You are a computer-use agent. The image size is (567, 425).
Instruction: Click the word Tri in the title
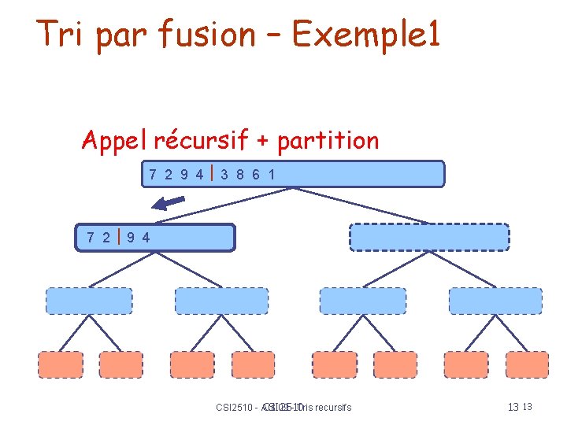[62, 34]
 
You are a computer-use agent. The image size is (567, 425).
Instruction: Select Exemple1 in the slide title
[366, 34]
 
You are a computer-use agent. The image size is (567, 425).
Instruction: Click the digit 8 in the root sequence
[241, 175]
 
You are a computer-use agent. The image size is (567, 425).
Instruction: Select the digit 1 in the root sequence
[272, 175]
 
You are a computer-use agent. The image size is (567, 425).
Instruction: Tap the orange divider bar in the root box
[213, 173]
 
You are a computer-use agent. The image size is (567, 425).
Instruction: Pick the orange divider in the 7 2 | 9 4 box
[117, 237]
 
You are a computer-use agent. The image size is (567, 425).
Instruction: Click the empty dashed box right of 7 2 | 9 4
[429, 237]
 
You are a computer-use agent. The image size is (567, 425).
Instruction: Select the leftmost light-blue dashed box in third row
[88, 301]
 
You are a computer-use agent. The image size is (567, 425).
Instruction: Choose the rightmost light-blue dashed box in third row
[495, 301]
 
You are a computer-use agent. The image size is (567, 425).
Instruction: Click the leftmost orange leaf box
[60, 364]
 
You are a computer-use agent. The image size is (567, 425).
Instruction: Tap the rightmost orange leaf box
[526, 364]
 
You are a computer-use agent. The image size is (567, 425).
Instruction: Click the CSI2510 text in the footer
[235, 408]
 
